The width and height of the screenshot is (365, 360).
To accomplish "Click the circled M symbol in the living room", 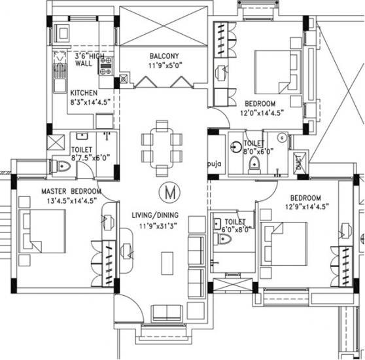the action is (169, 192).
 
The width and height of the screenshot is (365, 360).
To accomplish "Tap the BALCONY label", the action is (164, 56).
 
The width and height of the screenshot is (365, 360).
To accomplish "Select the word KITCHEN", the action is (84, 93).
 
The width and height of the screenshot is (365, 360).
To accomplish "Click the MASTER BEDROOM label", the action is (71, 191).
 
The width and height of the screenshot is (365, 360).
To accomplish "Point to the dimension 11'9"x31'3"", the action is (158, 226).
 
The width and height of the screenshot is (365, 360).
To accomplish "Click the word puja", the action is (215, 164).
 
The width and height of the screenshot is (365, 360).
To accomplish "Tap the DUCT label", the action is (299, 162).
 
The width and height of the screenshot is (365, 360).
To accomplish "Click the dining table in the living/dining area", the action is (162, 148).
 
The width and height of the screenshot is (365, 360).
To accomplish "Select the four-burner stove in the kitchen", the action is (106, 66).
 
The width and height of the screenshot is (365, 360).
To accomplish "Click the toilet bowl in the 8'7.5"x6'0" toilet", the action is (62, 166).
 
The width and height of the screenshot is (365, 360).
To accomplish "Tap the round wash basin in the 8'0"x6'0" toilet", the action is (236, 147).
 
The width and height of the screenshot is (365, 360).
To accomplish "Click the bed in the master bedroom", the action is (42, 231).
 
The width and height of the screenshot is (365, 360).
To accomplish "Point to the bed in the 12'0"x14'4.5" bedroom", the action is (279, 73).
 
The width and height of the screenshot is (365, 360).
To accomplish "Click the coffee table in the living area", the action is (167, 263).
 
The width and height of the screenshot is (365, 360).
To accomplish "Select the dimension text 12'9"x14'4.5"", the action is (307, 207).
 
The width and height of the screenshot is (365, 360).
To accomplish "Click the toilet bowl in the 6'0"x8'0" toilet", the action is (222, 239).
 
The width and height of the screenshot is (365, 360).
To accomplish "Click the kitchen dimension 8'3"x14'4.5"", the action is (90, 102).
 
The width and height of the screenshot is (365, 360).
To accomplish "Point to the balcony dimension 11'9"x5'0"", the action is (165, 65).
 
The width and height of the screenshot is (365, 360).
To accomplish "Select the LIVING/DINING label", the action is (155, 215).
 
